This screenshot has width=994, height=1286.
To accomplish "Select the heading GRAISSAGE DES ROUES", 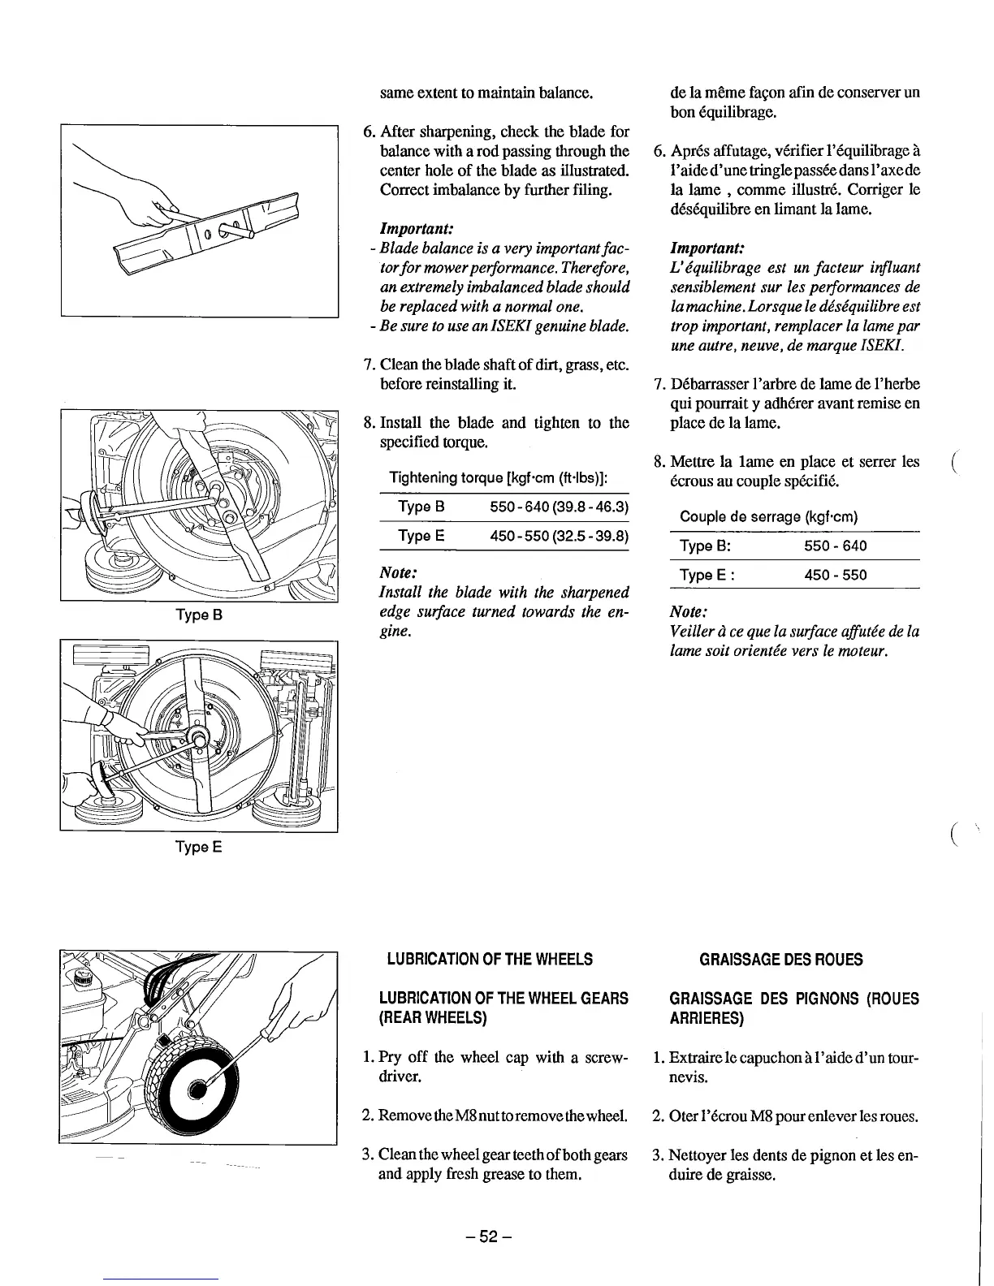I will (781, 959).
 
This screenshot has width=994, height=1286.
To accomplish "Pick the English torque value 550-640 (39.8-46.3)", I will (560, 507).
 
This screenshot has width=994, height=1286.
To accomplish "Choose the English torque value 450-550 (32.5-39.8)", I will (560, 537).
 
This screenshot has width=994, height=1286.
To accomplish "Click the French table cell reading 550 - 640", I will (835, 546).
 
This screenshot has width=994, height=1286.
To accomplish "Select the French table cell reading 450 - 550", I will (835, 576).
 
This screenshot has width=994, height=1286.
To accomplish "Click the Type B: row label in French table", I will (706, 546).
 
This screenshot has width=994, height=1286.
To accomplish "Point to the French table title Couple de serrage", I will (769, 517).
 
